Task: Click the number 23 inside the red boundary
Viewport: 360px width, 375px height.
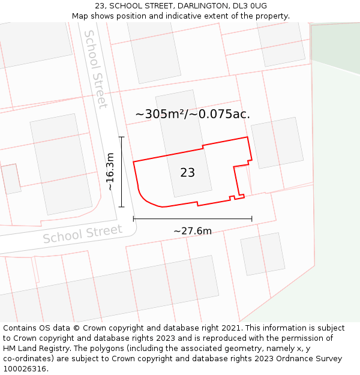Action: [187, 173]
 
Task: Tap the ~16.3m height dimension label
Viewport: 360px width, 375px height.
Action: [110, 172]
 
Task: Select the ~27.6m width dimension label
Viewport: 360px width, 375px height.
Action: [193, 231]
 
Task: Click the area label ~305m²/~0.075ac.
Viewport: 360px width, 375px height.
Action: [192, 114]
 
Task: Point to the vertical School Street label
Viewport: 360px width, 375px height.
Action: [96, 69]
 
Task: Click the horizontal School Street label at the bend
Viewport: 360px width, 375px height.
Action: [83, 234]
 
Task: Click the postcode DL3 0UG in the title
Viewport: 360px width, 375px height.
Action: [250, 6]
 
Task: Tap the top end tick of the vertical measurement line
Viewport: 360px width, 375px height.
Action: [122, 137]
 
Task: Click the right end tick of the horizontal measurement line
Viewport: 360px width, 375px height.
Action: [251, 219]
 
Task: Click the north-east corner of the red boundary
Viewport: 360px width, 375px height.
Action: [247, 137]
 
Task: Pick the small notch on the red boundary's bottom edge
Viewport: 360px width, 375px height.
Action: [232, 197]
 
